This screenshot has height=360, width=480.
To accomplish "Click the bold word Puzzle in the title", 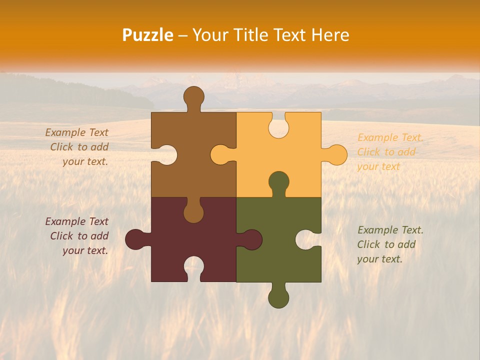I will click(x=148, y=35).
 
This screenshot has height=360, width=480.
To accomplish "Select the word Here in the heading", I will click(x=330, y=35).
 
